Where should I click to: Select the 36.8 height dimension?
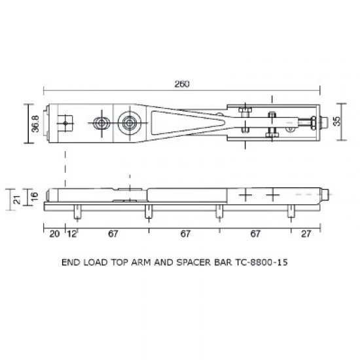(x=35, y=123)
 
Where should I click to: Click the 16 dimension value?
(x=35, y=194)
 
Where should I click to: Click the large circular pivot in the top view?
(x=130, y=122)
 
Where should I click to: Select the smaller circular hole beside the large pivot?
(x=101, y=123)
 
